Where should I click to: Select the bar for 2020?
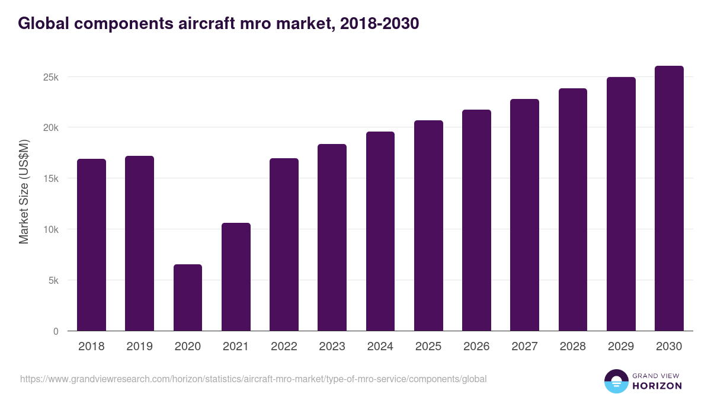pos(187,297)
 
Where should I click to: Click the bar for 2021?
pos(236,277)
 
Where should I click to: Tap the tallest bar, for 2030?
pos(669,199)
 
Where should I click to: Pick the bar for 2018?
pos(91,245)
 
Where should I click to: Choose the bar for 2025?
pos(428,226)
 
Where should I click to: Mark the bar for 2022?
pos(284,245)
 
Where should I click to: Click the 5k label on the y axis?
pos(53,280)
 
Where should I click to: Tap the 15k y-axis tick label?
pos(51,179)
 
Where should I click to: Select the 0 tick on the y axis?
pos(56,331)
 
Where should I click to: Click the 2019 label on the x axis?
pos(139,347)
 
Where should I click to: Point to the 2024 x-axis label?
pos(380,347)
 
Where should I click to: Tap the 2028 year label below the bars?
pos(572,347)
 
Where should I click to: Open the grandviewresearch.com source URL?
pos(253,379)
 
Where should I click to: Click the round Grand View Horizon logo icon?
pos(616,381)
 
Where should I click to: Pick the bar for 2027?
pos(524,215)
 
